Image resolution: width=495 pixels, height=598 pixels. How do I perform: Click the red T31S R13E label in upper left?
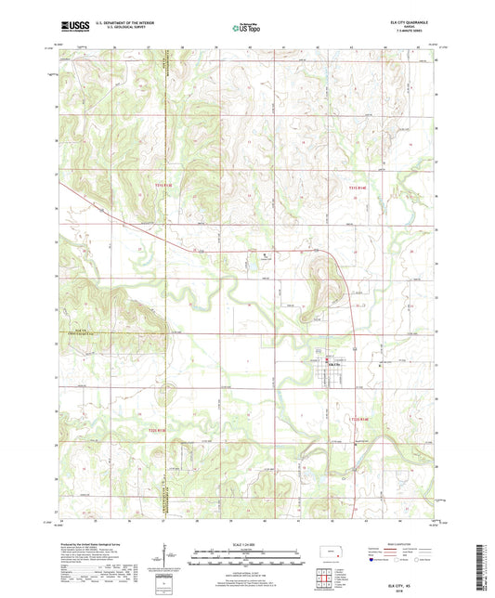(x=163, y=185)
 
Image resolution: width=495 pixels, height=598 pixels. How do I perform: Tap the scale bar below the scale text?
(x=246, y=560)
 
